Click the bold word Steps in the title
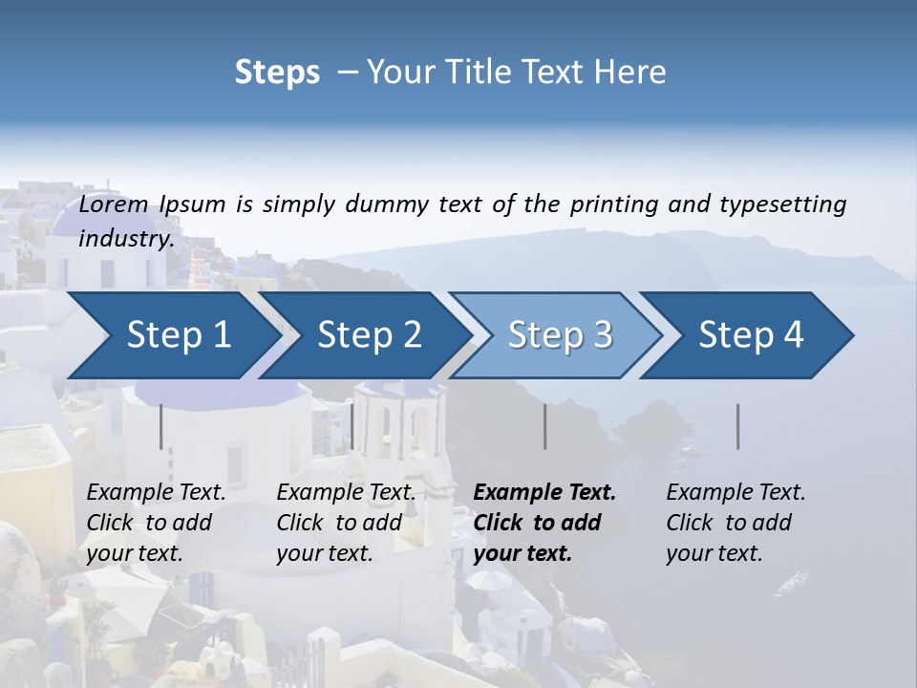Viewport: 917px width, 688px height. pyautogui.click(x=277, y=72)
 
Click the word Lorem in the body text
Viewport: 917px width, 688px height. pyautogui.click(x=115, y=204)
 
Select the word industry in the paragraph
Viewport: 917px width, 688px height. pyautogui.click(x=126, y=238)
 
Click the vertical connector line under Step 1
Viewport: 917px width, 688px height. pyautogui.click(x=160, y=426)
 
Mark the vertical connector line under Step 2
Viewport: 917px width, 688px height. pyautogui.click(x=352, y=426)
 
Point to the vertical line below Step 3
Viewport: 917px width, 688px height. pyautogui.click(x=544, y=426)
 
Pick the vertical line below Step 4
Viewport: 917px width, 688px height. pyautogui.click(x=737, y=426)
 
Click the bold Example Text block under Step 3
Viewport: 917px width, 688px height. pyautogui.click(x=544, y=523)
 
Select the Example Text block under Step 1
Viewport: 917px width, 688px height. pyautogui.click(x=156, y=523)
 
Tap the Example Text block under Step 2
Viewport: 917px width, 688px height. pyautogui.click(x=346, y=523)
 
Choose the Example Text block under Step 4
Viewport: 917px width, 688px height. pyautogui.click(x=736, y=523)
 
